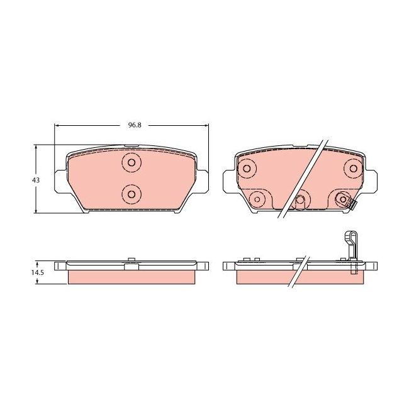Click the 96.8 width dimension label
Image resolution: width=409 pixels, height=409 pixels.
[x=134, y=125]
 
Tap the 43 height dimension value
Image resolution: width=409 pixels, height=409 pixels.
[x=36, y=180]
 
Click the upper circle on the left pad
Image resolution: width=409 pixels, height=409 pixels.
[x=132, y=162]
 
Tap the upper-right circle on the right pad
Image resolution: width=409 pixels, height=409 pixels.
[x=352, y=168]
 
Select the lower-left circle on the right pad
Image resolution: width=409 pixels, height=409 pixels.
[x=256, y=199]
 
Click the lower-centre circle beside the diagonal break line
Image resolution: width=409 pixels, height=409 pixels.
[x=300, y=200]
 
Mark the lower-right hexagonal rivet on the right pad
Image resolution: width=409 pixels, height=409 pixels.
[x=342, y=199]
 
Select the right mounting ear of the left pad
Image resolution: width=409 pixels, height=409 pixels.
[x=203, y=181]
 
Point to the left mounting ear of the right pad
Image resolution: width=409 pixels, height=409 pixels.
[x=229, y=181]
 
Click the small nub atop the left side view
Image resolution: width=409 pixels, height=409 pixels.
[x=131, y=260]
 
